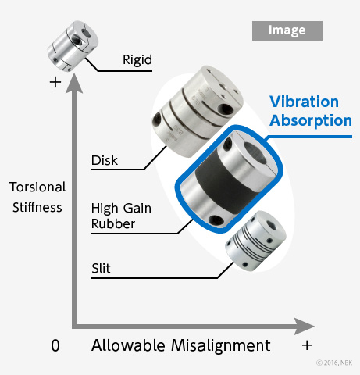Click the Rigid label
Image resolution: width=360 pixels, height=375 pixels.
coord(137,60)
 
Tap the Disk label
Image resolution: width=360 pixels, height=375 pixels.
coord(105,160)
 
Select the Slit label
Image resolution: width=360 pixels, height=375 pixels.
coord(101,268)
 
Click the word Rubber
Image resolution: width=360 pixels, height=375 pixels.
coord(113,223)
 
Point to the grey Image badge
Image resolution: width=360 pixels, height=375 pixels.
coord(287,30)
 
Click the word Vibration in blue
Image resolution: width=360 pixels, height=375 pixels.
coord(304,102)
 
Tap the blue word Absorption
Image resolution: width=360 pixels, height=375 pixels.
coord(311,121)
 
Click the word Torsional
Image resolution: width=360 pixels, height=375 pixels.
coord(37,187)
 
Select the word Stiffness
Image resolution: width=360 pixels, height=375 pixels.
coord(37,208)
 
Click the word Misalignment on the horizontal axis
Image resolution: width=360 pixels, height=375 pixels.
coord(221,346)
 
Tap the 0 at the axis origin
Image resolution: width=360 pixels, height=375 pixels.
coord(55,346)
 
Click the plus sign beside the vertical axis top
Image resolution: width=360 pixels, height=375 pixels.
coord(55,83)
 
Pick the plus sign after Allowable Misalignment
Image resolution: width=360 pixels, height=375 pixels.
coord(307,345)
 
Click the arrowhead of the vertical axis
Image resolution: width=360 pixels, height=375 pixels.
coord(74,84)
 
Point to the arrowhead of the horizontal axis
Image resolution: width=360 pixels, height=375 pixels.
coord(304,327)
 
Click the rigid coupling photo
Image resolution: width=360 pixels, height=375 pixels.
coord(73,46)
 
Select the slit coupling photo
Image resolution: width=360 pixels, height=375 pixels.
coord(255,241)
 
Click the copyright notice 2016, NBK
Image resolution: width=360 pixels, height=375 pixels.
coord(334,362)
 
